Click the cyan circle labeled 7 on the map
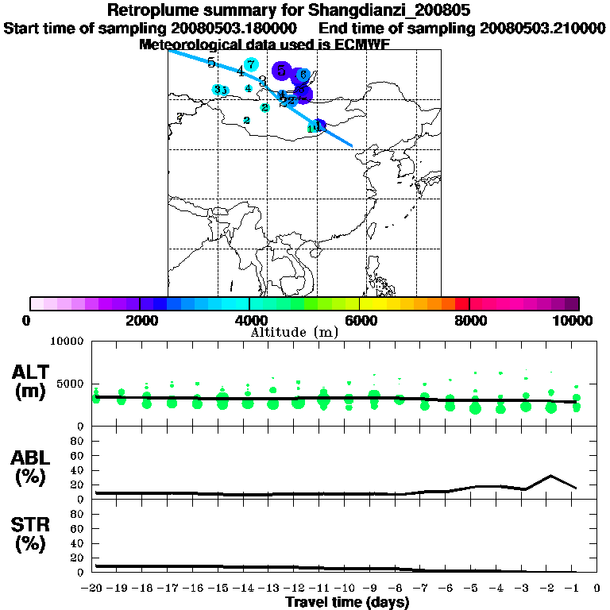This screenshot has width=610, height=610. (x=251, y=65)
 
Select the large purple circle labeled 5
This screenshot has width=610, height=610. (x=281, y=71)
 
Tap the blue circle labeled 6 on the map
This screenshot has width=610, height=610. (x=303, y=75)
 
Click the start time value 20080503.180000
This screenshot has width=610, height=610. (x=235, y=28)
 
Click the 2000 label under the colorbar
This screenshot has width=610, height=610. (x=139, y=320)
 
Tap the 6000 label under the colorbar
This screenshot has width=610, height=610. (x=360, y=320)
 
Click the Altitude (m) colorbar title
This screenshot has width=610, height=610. (x=294, y=332)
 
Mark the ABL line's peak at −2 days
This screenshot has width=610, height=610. (x=550, y=476)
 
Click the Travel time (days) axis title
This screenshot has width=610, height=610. (x=347, y=602)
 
